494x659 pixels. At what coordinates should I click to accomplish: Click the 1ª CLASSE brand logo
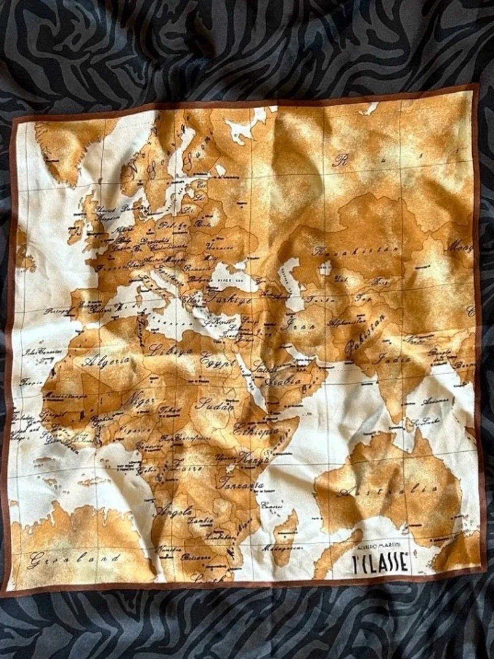(x=381, y=562)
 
